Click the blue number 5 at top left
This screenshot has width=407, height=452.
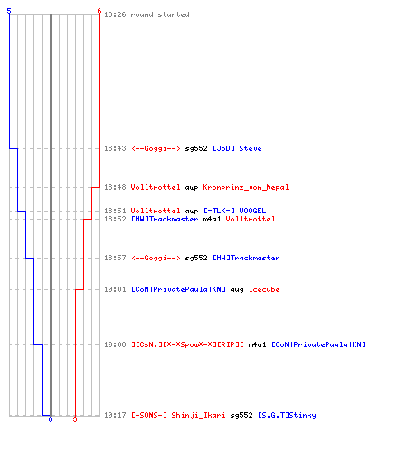[9, 11]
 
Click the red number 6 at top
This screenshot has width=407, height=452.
[99, 11]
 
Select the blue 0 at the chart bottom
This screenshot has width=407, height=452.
[50, 419]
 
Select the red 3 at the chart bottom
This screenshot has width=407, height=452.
[75, 419]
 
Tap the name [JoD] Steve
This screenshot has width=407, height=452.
[237, 148]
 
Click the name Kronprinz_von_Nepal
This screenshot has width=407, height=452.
[246, 187]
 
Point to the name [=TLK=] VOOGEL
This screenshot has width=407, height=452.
[235, 211]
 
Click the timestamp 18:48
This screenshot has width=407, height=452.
[115, 187]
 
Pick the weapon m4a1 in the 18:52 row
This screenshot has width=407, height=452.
[212, 219]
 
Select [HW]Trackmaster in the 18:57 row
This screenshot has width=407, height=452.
[246, 258]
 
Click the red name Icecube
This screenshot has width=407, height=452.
[264, 289]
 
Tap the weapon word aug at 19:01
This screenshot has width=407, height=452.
[237, 290]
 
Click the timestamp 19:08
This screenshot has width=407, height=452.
[115, 344]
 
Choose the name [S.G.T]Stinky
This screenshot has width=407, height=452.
[287, 415]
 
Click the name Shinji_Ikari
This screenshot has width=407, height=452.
[198, 415]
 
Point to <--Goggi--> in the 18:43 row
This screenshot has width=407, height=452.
[156, 148]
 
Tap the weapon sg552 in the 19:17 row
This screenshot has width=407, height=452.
[241, 415]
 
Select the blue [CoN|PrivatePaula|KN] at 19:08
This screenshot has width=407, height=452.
[319, 344]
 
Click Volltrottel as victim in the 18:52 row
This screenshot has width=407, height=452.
[251, 219]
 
